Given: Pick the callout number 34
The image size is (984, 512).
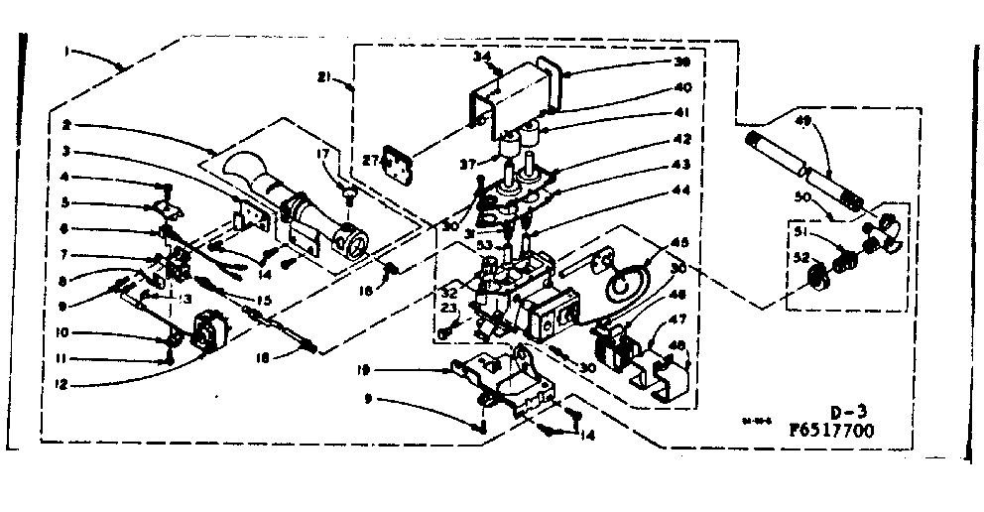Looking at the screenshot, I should pyautogui.click(x=481, y=57).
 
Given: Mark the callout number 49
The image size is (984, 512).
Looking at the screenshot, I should pyautogui.click(x=803, y=121).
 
